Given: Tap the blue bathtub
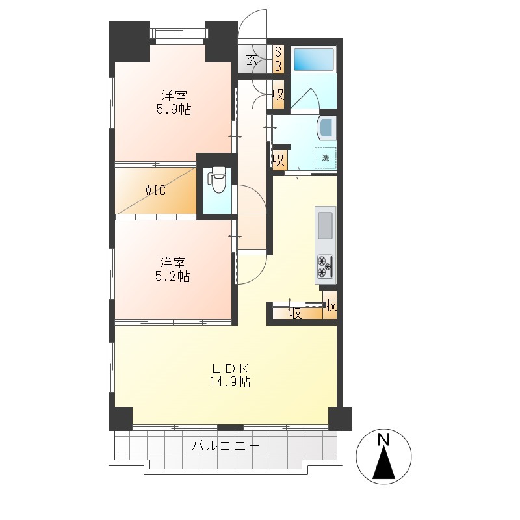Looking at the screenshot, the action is click(x=313, y=59).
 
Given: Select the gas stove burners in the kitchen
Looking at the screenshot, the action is click(x=325, y=266).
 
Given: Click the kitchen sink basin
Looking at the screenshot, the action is click(x=325, y=225).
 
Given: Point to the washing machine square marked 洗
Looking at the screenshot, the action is click(x=326, y=158).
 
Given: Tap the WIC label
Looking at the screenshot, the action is click(x=155, y=190).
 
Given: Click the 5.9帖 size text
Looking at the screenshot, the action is click(x=174, y=109).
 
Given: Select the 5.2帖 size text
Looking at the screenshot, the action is click(x=172, y=276).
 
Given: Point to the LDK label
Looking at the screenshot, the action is click(x=231, y=369).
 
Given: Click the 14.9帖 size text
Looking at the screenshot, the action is click(x=230, y=382).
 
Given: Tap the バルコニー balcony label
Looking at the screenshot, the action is click(x=226, y=446).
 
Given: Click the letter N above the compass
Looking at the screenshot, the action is click(x=383, y=440).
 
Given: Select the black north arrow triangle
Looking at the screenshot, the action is click(x=383, y=463).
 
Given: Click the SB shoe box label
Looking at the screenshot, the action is click(x=278, y=59).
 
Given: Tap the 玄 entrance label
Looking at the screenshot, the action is click(x=252, y=60).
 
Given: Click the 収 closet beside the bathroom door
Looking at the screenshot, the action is click(x=278, y=95).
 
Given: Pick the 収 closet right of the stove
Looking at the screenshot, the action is click(x=331, y=304).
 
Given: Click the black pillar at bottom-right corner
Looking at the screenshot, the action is click(x=340, y=418).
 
